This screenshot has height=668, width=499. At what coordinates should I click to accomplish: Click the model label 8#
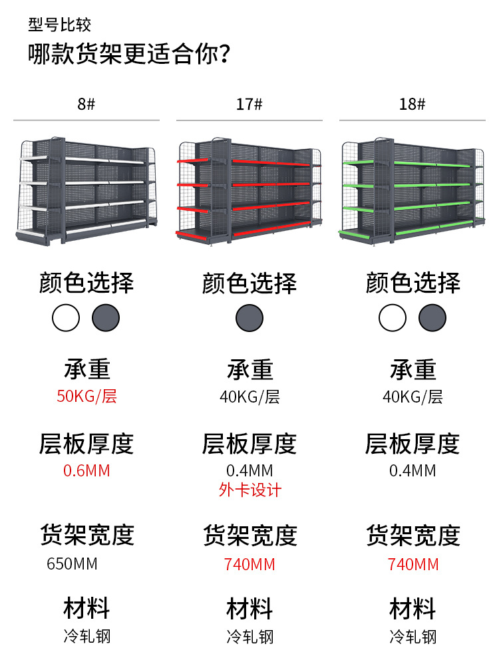(x=86, y=104)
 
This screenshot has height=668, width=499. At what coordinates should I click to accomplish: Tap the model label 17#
(x=249, y=104)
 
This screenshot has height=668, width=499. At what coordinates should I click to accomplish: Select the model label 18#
(x=412, y=104)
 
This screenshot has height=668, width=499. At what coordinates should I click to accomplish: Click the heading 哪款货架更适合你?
(x=130, y=53)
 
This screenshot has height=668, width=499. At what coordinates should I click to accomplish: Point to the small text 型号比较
(x=59, y=25)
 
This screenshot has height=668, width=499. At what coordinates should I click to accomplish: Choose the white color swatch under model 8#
(x=66, y=318)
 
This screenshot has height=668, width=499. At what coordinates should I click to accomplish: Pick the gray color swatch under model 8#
(x=106, y=318)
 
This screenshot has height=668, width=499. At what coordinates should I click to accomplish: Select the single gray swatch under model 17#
(x=249, y=318)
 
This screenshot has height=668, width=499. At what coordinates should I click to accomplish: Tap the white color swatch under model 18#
(x=393, y=318)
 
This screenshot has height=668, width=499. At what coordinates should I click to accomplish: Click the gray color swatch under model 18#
(x=432, y=318)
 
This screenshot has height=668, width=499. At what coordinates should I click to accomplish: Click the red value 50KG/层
(x=86, y=397)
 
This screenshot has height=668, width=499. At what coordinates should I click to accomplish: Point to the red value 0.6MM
(x=86, y=471)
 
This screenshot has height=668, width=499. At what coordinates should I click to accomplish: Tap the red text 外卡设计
(x=250, y=490)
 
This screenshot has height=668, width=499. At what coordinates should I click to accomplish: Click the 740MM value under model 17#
(x=249, y=565)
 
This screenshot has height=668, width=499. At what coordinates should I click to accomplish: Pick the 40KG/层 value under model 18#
(x=413, y=397)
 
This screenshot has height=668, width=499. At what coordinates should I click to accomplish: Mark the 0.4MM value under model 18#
(x=413, y=471)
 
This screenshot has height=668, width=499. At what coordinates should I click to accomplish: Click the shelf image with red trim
(x=249, y=191)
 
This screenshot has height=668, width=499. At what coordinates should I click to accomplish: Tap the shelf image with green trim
(x=413, y=191)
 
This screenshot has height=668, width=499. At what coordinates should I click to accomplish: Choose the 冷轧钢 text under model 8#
(x=86, y=637)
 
